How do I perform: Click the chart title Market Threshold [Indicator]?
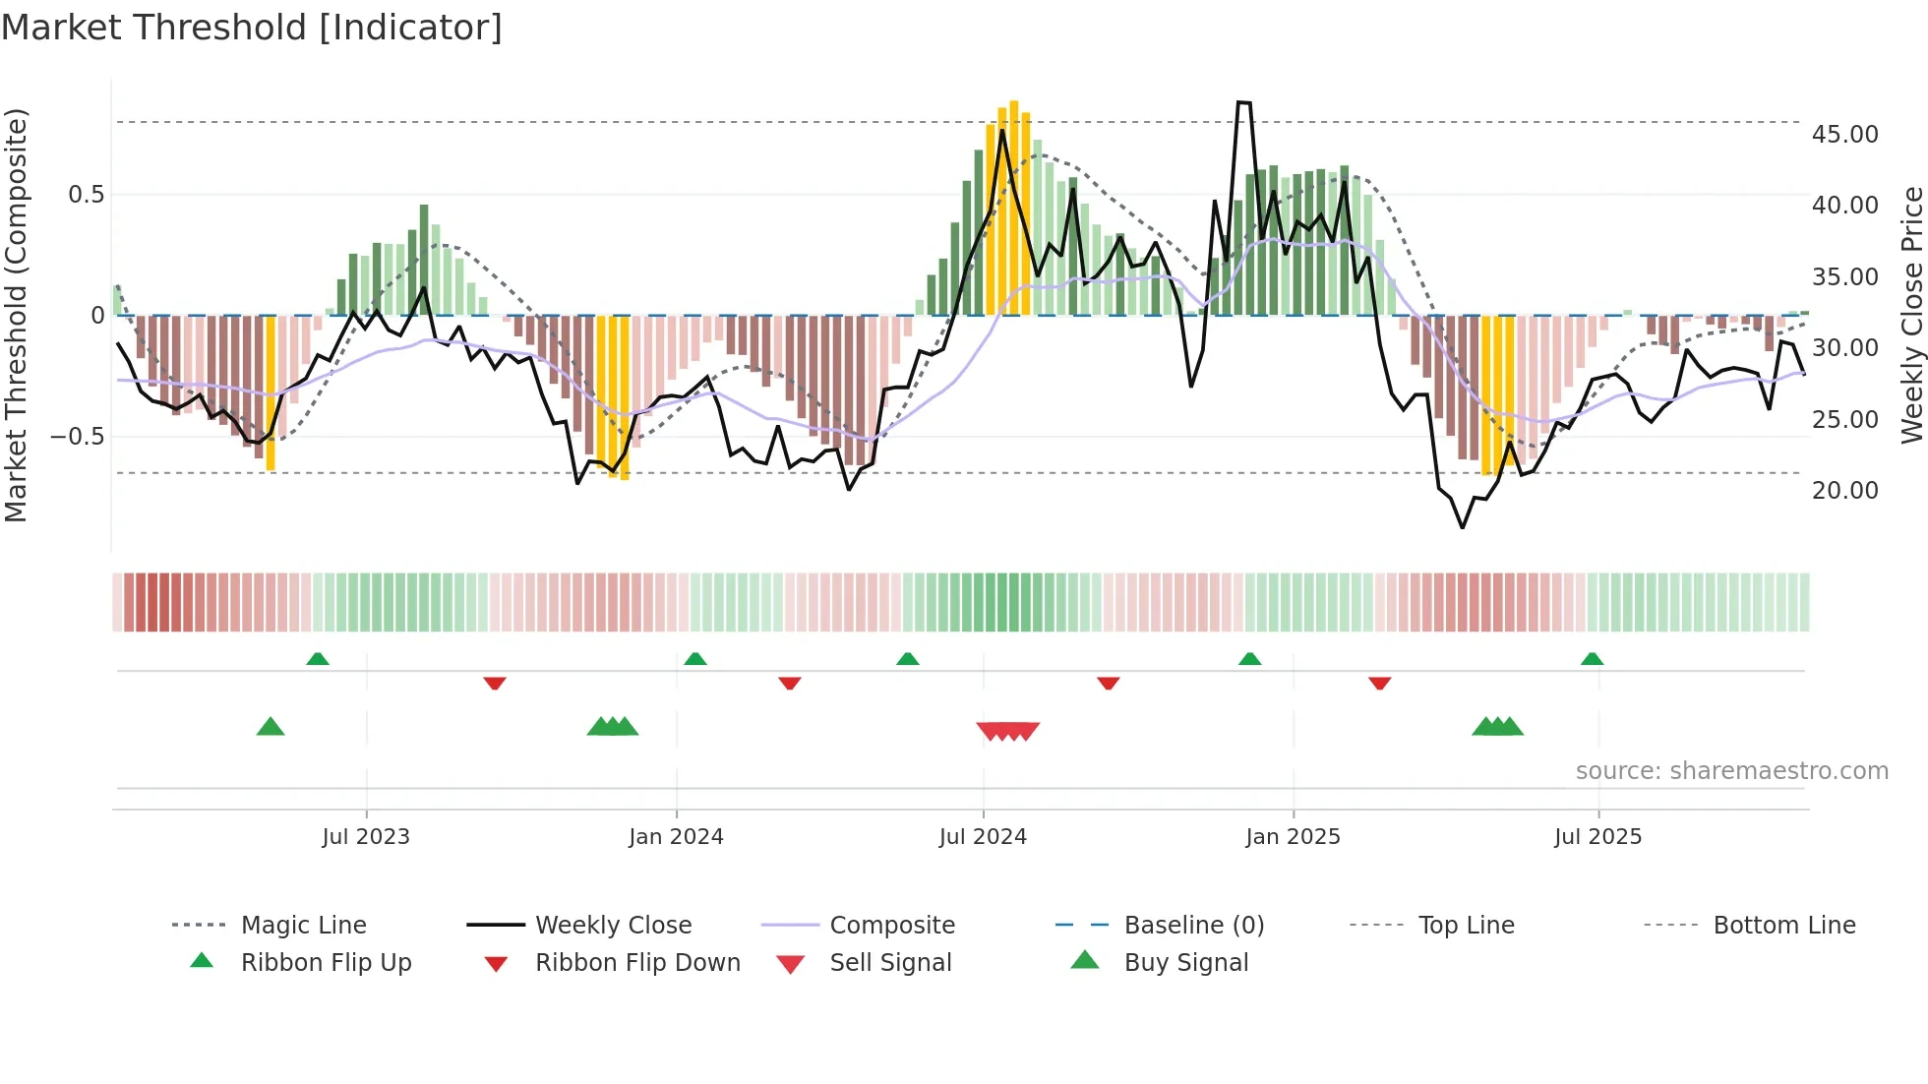252,28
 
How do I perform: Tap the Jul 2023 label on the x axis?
366,837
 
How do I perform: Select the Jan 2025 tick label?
1293,837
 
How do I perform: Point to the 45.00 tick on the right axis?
1844,135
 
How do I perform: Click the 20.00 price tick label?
1844,491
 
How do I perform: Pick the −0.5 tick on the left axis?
78,437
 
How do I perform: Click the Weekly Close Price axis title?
1911,315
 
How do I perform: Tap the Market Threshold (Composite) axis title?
16,315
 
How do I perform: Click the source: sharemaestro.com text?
1731,771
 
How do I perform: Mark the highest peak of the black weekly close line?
1243,102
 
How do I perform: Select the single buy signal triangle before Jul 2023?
271,727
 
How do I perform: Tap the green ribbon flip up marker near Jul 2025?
1592,659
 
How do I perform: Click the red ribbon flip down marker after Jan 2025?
1379,683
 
